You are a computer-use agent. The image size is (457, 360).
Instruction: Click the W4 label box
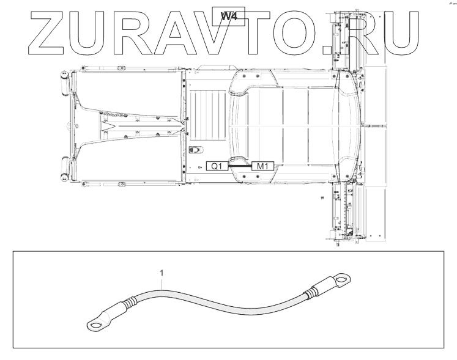pos(228,15)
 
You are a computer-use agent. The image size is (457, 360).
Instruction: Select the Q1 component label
pos(217,165)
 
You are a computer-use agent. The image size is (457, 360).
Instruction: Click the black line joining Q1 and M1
pos(240,165)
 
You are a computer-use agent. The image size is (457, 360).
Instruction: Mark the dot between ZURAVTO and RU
pos(334,45)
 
